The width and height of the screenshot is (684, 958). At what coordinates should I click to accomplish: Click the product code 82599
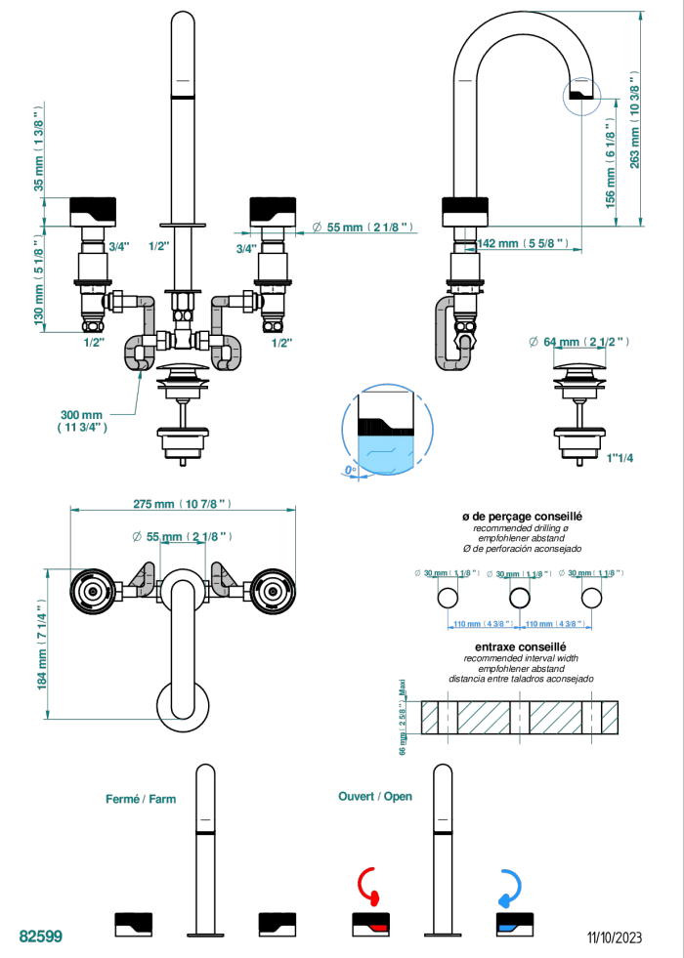click(41, 936)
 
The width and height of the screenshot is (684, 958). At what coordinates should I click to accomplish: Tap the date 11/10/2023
click(615, 937)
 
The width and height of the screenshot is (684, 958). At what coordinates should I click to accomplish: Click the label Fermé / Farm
click(141, 799)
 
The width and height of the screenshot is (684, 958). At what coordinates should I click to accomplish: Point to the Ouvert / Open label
click(375, 796)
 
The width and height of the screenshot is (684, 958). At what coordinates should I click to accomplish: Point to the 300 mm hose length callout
click(82, 420)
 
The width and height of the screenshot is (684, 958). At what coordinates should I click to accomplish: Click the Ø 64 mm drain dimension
click(577, 341)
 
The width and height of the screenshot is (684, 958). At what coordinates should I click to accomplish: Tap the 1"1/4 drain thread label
click(620, 457)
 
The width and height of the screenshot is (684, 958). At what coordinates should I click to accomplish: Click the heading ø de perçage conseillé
click(522, 516)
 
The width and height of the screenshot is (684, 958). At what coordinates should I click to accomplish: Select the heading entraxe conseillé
click(522, 646)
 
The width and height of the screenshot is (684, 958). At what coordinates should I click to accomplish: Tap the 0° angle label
click(350, 472)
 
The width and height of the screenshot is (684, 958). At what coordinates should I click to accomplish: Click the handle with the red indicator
click(370, 921)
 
